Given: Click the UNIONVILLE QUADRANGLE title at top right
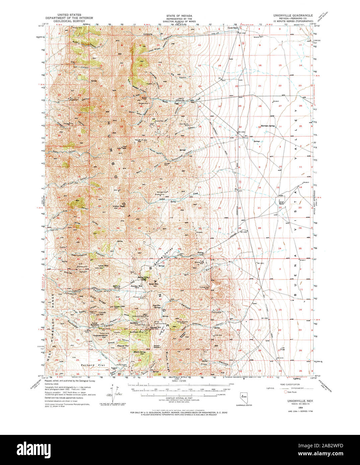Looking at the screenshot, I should [x=293, y=15].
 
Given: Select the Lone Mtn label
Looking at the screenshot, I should [x=103, y=266].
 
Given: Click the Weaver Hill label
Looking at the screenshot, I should [x=123, y=346].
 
